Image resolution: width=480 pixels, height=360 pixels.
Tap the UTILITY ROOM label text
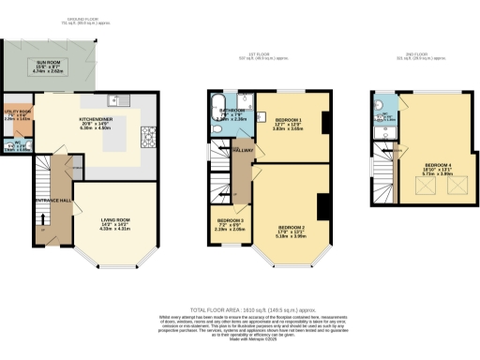[18, 112]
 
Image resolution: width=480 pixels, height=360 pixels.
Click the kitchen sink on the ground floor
[112, 99]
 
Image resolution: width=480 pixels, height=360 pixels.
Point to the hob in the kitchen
[150, 135]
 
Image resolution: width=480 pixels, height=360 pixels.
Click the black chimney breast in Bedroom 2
[322, 205]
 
